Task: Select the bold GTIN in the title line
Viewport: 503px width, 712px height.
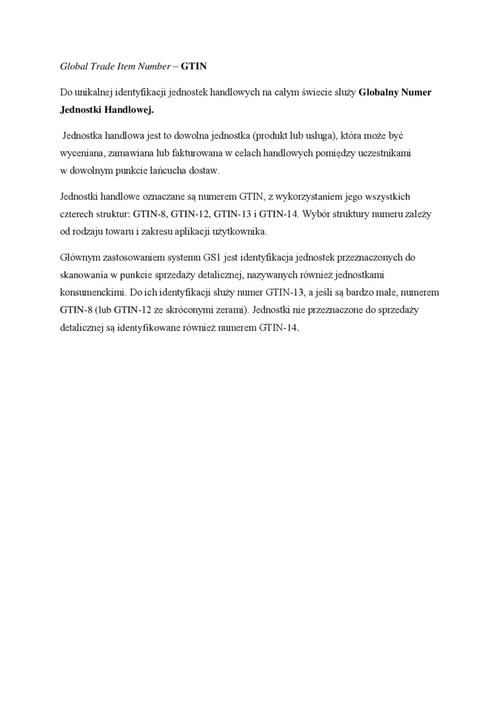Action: tap(195, 67)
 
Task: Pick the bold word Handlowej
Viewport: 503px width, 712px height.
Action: tap(129, 110)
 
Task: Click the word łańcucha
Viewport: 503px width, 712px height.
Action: tap(173, 170)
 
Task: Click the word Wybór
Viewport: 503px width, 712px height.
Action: tap(316, 214)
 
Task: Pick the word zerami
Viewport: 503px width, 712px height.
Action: tap(228, 309)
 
